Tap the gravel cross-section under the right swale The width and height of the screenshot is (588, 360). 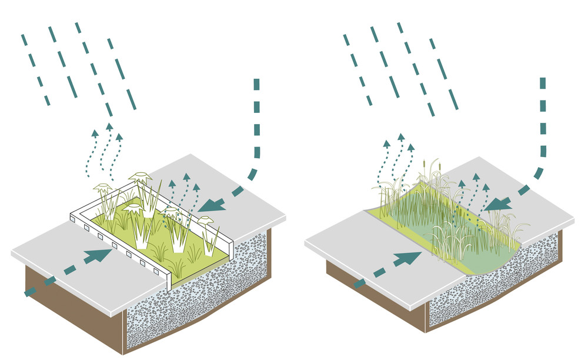pyautogui.click(x=494, y=282)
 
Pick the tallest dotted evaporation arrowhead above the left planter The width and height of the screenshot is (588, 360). pyautogui.click(x=109, y=125)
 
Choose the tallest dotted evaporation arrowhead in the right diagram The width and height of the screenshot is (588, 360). pyautogui.click(x=400, y=137)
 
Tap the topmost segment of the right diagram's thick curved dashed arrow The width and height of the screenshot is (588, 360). pyautogui.click(x=543, y=83)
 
